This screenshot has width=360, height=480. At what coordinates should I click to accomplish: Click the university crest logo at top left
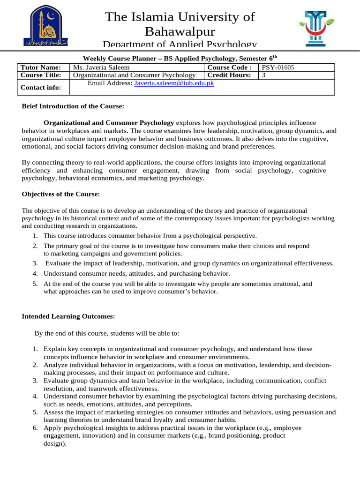(x=45, y=26)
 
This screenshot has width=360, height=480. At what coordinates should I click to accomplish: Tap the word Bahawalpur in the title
(x=180, y=32)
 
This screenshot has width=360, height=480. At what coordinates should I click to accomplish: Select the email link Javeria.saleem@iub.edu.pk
(x=174, y=83)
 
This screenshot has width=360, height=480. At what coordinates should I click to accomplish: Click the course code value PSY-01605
(x=278, y=67)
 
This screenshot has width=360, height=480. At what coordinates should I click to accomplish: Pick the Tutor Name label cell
(x=40, y=67)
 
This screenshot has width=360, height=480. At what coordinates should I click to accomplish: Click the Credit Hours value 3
(x=264, y=75)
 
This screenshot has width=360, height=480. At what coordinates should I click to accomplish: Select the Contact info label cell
(x=40, y=88)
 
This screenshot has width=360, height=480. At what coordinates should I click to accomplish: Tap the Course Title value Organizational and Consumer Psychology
(x=135, y=75)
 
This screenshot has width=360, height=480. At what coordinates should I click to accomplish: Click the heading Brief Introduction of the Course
(x=73, y=106)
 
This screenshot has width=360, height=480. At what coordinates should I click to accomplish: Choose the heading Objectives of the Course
(x=60, y=194)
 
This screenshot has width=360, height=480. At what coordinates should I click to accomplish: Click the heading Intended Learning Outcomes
(x=68, y=316)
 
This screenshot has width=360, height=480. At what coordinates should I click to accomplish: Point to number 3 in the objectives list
(x=35, y=263)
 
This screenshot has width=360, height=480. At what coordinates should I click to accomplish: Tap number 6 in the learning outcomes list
(x=35, y=428)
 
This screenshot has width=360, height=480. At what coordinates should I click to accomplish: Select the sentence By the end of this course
(x=106, y=333)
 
